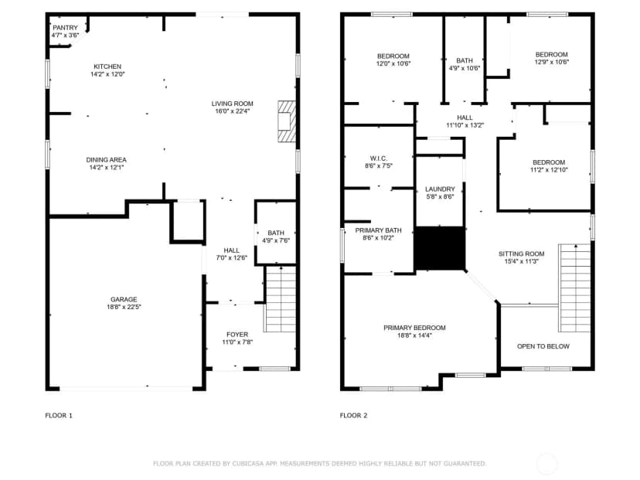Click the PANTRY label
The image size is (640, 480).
click(x=65, y=28)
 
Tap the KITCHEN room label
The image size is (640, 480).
click(x=107, y=66)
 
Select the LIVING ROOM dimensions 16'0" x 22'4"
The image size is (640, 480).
click(x=232, y=111)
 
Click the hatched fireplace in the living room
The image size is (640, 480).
click(x=287, y=121)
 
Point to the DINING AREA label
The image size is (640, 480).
click(x=106, y=160)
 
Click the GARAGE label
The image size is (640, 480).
click(x=124, y=300)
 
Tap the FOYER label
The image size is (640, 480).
click(x=237, y=335)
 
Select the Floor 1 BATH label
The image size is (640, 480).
click(x=276, y=233)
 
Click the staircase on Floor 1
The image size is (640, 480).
click(x=281, y=299)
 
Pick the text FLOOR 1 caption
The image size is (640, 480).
click(x=59, y=416)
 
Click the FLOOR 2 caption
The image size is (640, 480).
click(x=353, y=416)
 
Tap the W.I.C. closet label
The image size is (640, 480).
click(x=379, y=158)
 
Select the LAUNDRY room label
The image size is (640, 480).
click(x=440, y=189)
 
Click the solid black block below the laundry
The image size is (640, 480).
click(x=440, y=248)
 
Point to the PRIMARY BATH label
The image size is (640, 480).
click(x=379, y=230)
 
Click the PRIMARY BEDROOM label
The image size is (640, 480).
click(x=414, y=328)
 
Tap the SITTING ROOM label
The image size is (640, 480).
click(x=521, y=254)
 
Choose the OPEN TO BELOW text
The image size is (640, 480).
click(x=543, y=346)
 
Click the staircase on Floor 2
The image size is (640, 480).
click(x=575, y=288)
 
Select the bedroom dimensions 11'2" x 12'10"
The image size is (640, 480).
click(x=549, y=170)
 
